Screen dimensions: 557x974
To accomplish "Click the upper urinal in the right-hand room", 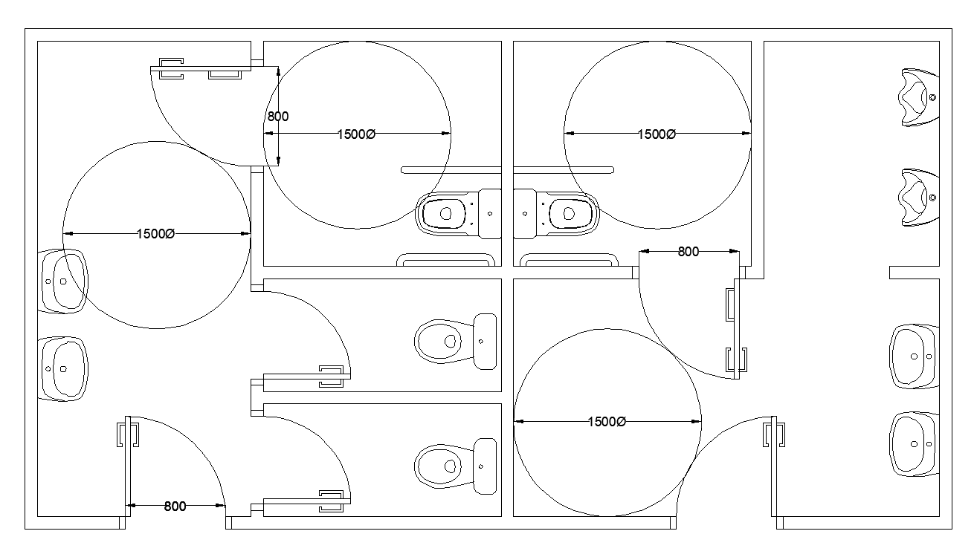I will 919,97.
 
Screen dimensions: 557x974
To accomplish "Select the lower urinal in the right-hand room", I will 919,198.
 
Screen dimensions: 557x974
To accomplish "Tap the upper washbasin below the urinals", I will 915,356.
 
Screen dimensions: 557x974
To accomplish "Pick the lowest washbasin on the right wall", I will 915,444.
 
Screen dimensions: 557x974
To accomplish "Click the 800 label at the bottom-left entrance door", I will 175,506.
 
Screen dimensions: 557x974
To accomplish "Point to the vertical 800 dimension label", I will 277,116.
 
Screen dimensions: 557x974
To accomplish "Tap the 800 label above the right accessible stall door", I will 688,252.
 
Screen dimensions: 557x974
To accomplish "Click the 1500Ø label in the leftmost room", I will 155,233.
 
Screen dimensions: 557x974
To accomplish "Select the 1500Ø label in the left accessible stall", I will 356,134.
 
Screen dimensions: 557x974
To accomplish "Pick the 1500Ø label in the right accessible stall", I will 657,134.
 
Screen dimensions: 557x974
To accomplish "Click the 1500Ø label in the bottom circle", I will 607,422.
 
